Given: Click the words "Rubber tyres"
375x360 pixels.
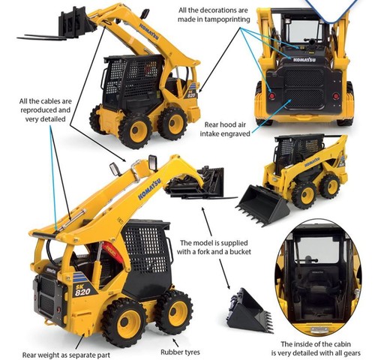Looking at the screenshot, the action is pos(180,352).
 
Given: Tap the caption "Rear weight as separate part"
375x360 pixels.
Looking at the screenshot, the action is pos(66,355).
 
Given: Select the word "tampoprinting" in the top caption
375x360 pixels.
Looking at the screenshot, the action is pos(227,19).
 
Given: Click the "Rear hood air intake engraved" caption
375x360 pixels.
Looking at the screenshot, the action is pos(225,129).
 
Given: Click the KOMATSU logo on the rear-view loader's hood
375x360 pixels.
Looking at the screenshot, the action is pos(304,60).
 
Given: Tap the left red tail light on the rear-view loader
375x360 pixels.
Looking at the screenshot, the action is pos(272,96).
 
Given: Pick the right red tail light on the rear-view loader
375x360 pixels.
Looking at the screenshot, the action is pos(336,96).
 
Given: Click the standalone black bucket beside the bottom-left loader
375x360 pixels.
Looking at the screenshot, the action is pos(250,311).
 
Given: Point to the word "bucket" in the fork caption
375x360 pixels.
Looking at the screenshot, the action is pos(238,251).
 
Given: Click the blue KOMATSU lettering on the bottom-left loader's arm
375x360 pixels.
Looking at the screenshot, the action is pos(150,187).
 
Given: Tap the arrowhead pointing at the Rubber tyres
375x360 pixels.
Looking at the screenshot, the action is pos(174,340).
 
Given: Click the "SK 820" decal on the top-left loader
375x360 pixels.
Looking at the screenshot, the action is pos(192,93).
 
